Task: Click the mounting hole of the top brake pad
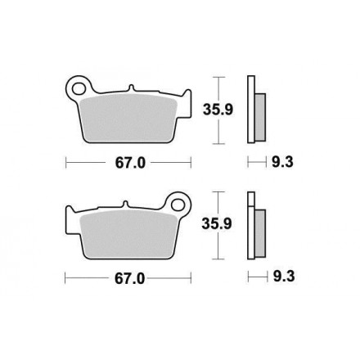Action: pos(79,88)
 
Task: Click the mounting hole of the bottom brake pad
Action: pos(178,205)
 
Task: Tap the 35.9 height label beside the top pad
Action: pos(218,110)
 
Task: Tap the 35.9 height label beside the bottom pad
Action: pos(217,223)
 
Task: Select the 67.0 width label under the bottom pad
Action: pos(130,279)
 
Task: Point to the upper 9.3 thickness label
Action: pos(282,162)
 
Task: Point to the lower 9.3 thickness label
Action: pos(284,277)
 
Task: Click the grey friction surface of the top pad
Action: pos(129,117)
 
